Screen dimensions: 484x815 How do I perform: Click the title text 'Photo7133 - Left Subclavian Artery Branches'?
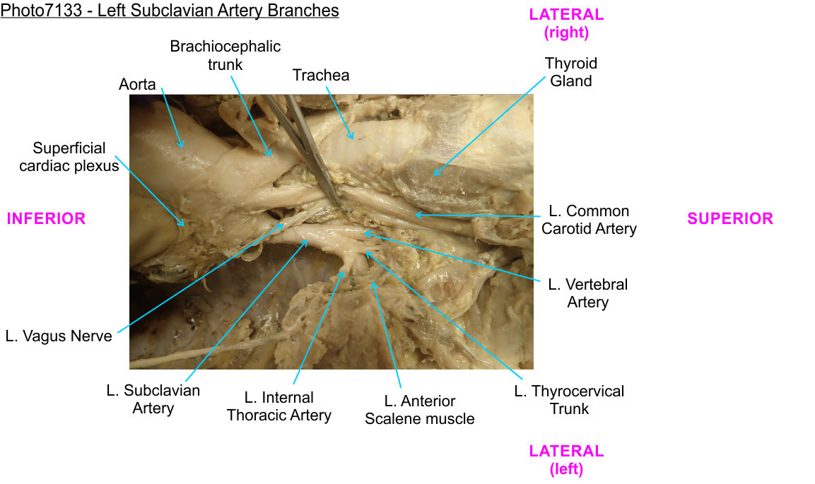pos(170,11)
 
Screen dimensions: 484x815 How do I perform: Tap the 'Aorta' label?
pos(136,85)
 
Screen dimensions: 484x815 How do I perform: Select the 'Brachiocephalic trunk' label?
pos(225,55)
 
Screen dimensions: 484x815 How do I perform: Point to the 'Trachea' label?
pos(321,75)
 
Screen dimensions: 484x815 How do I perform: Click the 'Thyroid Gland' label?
pos(570,72)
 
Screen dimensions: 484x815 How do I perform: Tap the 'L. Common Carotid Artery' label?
pos(589,220)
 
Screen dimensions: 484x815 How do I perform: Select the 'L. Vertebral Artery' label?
pos(587,293)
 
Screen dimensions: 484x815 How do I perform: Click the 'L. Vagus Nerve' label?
pos(59,336)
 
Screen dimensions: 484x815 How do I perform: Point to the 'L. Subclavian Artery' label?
pos(153,399)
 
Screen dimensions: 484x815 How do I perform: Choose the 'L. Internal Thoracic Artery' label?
pos(278,406)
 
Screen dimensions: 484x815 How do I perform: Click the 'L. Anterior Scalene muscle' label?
pos(420,410)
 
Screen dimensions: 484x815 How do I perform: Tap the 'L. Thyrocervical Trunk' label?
pos(569,400)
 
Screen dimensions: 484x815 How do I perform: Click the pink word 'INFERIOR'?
pos(46,219)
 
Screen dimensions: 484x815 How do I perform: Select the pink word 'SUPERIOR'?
pos(730,219)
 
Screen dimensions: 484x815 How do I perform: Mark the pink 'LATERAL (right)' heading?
pos(566,23)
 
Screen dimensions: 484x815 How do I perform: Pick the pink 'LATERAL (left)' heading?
pos(566,459)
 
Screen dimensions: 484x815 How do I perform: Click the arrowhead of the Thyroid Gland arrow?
pos(434,175)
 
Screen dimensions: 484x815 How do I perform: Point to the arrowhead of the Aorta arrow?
pos(182,147)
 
